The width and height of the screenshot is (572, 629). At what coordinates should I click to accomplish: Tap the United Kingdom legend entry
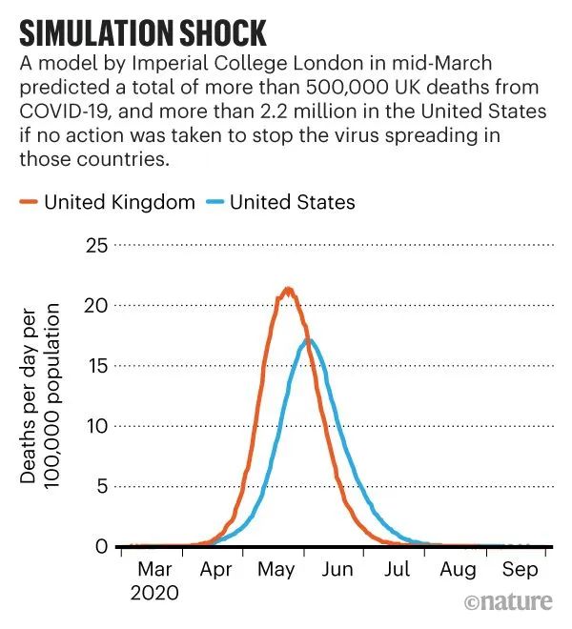point(109,201)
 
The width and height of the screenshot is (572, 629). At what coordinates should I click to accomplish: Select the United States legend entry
point(280,201)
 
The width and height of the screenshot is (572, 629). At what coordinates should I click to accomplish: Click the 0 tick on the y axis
point(100,546)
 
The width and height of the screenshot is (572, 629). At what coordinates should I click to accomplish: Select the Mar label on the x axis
point(154,569)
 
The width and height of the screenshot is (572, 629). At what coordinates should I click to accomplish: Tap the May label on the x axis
point(276,569)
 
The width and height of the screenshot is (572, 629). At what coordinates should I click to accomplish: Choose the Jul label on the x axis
point(398,569)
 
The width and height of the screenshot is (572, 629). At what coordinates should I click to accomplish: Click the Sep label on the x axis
point(520,569)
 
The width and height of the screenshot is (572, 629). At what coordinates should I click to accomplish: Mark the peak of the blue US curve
point(308,340)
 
